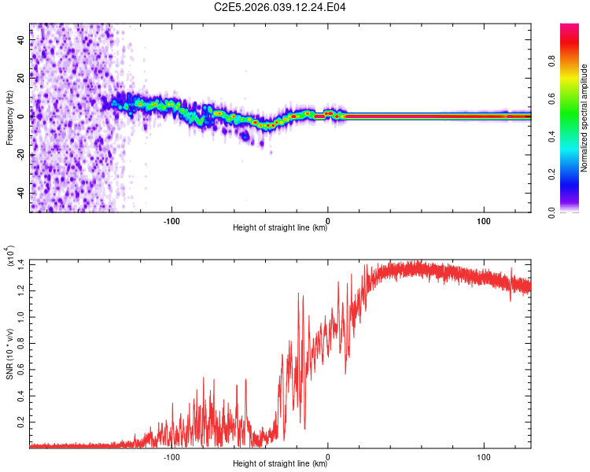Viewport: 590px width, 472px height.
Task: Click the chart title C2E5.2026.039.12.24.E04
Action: [279, 7]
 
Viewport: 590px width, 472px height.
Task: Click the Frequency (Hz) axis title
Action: [9, 118]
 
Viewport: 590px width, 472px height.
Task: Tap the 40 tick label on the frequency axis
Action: [20, 40]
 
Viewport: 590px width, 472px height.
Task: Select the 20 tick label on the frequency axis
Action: [20, 79]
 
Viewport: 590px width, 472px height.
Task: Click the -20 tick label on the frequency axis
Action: [20, 155]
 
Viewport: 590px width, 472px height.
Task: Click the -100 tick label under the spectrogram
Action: [171, 221]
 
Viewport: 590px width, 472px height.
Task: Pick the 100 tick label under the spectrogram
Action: [484, 221]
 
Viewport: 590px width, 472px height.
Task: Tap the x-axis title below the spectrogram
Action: [280, 227]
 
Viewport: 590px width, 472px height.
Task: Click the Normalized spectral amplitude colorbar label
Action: [584, 118]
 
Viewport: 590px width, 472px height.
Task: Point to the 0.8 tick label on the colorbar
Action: [552, 61]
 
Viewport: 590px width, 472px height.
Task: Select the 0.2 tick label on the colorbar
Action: [552, 175]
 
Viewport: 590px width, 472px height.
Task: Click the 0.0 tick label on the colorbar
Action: [552, 212]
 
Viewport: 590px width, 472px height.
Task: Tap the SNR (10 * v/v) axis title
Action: [9, 354]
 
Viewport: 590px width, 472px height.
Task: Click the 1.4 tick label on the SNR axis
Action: [20, 264]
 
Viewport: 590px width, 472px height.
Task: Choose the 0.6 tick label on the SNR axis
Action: [20, 370]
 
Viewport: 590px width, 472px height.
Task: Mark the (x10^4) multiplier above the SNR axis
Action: [9, 256]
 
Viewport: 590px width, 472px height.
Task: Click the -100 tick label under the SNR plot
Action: [171, 457]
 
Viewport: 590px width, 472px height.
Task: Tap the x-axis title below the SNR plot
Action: [280, 463]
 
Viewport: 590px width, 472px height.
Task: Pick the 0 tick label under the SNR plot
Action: [328, 457]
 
